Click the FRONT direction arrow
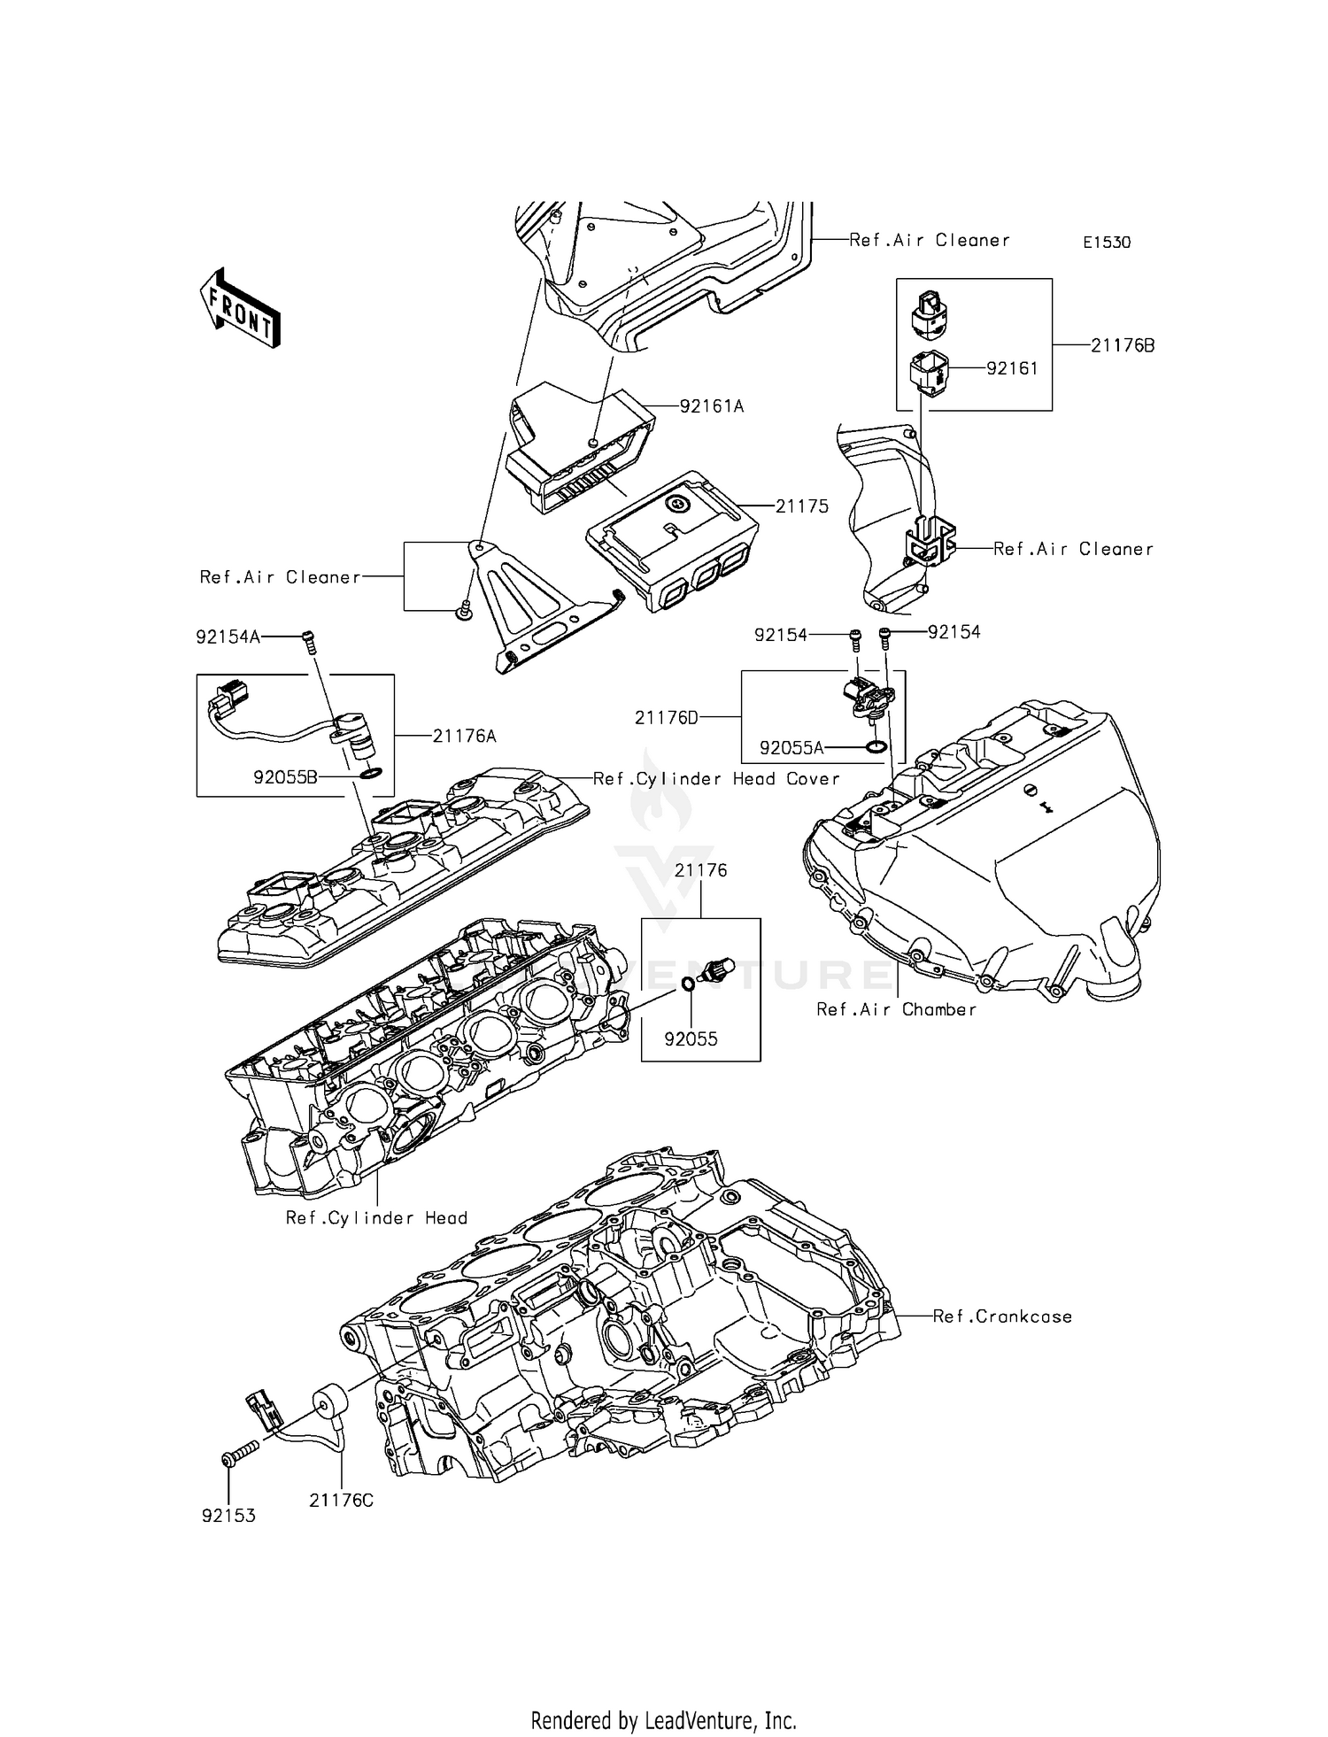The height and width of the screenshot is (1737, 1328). coord(239,308)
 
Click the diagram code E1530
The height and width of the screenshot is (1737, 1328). coord(1107,243)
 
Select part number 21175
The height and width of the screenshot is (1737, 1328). coord(802,506)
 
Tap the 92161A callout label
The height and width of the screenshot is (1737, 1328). coord(711,406)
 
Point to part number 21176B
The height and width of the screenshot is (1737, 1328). coord(1122,346)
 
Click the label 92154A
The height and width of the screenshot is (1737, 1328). coord(228,637)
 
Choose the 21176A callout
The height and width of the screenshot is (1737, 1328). coord(464,735)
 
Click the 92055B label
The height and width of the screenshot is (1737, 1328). coord(285,778)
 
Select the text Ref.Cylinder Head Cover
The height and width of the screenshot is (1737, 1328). coord(715,778)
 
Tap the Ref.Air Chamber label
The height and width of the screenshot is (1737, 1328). coord(896,1009)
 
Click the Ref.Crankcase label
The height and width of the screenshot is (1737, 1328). coord(1002,1316)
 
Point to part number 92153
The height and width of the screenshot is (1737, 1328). coord(228,1516)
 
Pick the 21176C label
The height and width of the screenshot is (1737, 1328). coord(341,1501)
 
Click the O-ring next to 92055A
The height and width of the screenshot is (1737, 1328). coord(876,747)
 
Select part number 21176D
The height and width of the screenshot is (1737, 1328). coord(666,717)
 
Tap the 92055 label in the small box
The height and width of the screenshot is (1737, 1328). coord(691,1039)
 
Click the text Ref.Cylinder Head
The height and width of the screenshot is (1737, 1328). coord(376,1218)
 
